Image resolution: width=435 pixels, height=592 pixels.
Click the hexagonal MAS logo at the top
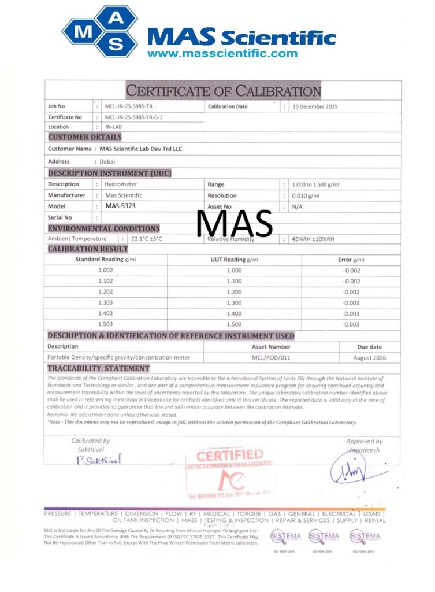click(x=101, y=32)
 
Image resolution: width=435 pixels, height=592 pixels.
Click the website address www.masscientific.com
click(x=222, y=54)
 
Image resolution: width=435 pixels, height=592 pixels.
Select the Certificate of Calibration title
click(x=223, y=91)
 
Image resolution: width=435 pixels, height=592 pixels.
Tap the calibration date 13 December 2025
click(x=315, y=106)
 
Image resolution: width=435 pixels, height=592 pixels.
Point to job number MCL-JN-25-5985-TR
click(x=131, y=106)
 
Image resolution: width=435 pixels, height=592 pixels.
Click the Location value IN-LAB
click(x=113, y=127)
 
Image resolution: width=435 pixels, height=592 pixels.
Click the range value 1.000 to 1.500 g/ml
click(x=315, y=184)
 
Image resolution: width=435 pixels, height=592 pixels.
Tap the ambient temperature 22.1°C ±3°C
click(x=147, y=239)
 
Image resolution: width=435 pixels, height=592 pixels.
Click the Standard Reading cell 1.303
click(x=106, y=303)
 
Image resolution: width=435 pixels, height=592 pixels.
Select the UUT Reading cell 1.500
click(x=234, y=324)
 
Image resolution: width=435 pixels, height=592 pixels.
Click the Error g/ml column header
click(x=351, y=260)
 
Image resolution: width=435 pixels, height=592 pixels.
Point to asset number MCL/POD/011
click(x=271, y=358)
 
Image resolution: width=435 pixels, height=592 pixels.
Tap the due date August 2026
click(x=369, y=358)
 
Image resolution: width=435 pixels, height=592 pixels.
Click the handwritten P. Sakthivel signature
click(x=99, y=460)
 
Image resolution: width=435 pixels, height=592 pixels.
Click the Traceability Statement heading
click(x=98, y=368)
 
